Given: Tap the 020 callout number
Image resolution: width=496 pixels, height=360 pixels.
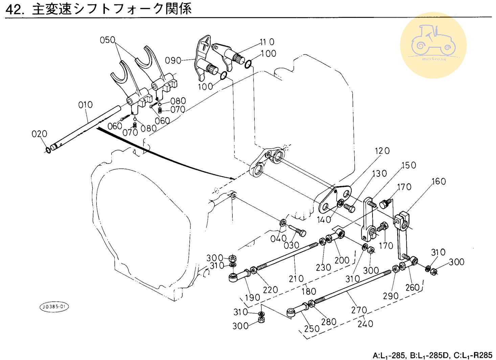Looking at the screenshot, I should tap(39, 134).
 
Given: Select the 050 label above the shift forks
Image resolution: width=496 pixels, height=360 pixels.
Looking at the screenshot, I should tap(108, 40).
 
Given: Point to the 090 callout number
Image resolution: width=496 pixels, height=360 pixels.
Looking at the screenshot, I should tap(173, 61).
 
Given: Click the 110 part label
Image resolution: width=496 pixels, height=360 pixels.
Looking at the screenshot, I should tap(267, 42).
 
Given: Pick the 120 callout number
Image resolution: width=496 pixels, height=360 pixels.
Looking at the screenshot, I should tap(382, 151).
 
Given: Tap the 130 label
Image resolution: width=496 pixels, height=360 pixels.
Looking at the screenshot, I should tap(379, 174).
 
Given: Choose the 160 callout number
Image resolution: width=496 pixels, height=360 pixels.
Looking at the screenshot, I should tap(438, 182).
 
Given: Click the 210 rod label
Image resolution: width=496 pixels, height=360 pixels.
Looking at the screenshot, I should tap(296, 278).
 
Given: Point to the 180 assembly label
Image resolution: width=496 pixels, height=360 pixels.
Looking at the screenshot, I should tap(309, 291).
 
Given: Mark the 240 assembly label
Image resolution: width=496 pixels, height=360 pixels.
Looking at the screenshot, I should tap(365, 324).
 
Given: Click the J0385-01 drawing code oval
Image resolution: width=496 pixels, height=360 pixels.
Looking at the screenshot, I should tap(54, 307).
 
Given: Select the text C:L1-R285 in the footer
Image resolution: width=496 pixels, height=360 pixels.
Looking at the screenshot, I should tap(473, 356).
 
